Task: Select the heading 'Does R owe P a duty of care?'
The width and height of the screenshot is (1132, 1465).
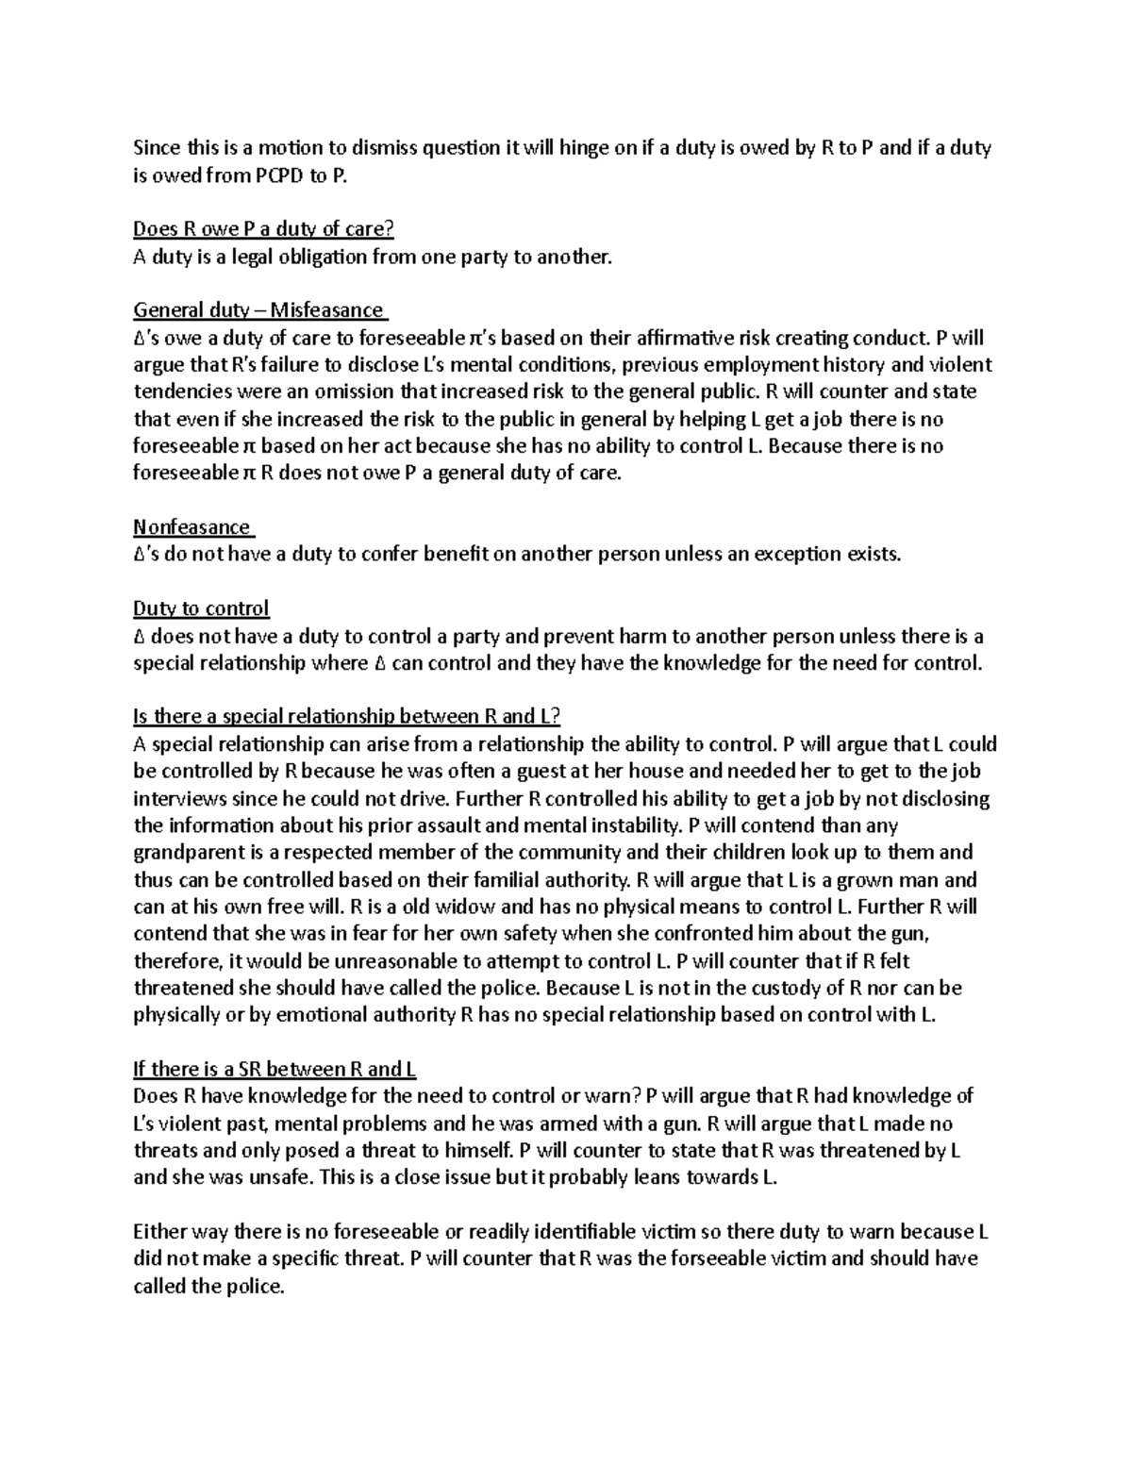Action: [263, 228]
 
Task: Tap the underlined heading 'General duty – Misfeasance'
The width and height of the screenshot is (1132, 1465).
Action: [259, 309]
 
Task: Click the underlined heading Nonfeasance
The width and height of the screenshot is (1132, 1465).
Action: [192, 526]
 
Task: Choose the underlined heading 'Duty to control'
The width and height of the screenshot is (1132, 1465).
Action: [201, 608]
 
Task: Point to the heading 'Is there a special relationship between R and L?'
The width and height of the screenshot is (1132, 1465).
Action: [347, 716]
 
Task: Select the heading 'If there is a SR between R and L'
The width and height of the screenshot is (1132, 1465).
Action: [275, 1069]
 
